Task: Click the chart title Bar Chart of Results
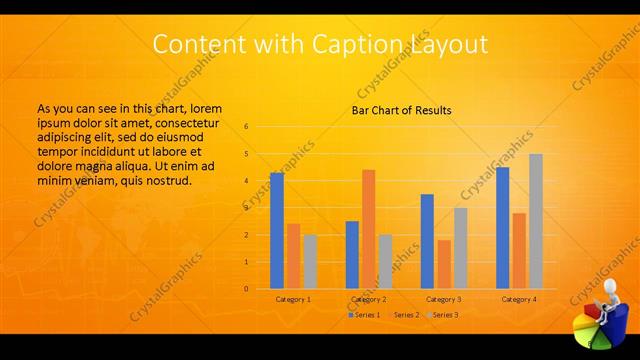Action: (x=401, y=110)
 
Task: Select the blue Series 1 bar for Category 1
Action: (x=277, y=231)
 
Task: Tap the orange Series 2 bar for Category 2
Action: (x=368, y=229)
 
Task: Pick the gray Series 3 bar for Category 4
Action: (x=535, y=221)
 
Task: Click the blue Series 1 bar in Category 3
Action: (x=427, y=241)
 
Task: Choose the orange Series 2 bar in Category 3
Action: (x=443, y=264)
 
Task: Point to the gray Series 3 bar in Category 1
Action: (x=309, y=262)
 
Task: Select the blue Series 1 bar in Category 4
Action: (x=502, y=228)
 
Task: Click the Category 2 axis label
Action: (x=368, y=299)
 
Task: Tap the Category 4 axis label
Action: (x=519, y=299)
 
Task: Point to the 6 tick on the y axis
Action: (x=246, y=127)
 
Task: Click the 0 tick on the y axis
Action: (x=246, y=289)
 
